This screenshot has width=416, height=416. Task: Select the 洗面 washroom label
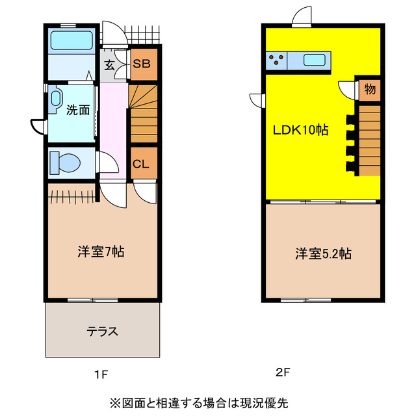(x=77, y=110)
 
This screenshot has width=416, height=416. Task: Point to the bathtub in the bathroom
(x=71, y=40)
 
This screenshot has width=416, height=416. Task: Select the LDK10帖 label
(x=299, y=130)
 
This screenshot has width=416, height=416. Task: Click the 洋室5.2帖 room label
(x=324, y=253)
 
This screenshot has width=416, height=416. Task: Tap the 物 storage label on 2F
(x=369, y=89)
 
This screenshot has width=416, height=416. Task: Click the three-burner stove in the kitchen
(x=276, y=61)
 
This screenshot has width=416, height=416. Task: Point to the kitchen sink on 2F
(x=315, y=61)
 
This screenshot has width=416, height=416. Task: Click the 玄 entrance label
(x=109, y=65)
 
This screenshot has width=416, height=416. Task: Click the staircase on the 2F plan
(x=369, y=140)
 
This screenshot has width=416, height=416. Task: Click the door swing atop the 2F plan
(x=303, y=18)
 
